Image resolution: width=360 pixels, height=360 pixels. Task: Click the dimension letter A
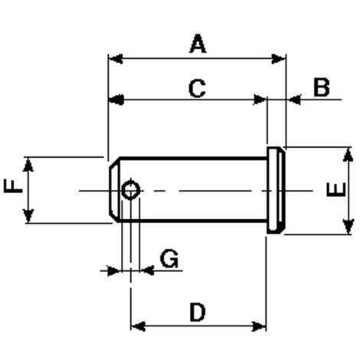pos(198,44)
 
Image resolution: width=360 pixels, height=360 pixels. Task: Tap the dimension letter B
pos(322,87)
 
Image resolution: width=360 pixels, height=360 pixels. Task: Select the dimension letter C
pos(197,88)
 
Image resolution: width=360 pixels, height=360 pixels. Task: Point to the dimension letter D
pos(198,312)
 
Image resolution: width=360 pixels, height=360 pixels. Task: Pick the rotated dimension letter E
pos(336,189)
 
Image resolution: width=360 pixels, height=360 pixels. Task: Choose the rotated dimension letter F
pos(13,185)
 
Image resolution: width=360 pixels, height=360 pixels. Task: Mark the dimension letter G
pos(169,259)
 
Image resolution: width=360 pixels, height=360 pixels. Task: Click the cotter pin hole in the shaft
pos(131,190)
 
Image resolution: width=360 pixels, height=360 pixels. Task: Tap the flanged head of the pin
pos(276,190)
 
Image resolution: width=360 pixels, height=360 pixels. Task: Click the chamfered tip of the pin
pos(114,190)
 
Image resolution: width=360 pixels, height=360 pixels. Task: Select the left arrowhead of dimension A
pos(116,59)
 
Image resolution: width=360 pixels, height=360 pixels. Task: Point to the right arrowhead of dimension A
pos(278,59)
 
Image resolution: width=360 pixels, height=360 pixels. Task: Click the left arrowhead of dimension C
pos(116,100)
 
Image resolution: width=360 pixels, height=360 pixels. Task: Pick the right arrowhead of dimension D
pos(259,326)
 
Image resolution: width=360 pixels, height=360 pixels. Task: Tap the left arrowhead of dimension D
pos(138,326)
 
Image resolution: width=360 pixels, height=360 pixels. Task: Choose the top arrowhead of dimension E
pos(349,155)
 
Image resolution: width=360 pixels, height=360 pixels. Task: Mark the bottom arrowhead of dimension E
pos(349,227)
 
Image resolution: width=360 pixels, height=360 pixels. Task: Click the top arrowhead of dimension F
pos(28,165)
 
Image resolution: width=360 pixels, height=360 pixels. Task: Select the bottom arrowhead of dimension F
pos(28,216)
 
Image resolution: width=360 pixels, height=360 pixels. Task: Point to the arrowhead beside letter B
pos(294,100)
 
